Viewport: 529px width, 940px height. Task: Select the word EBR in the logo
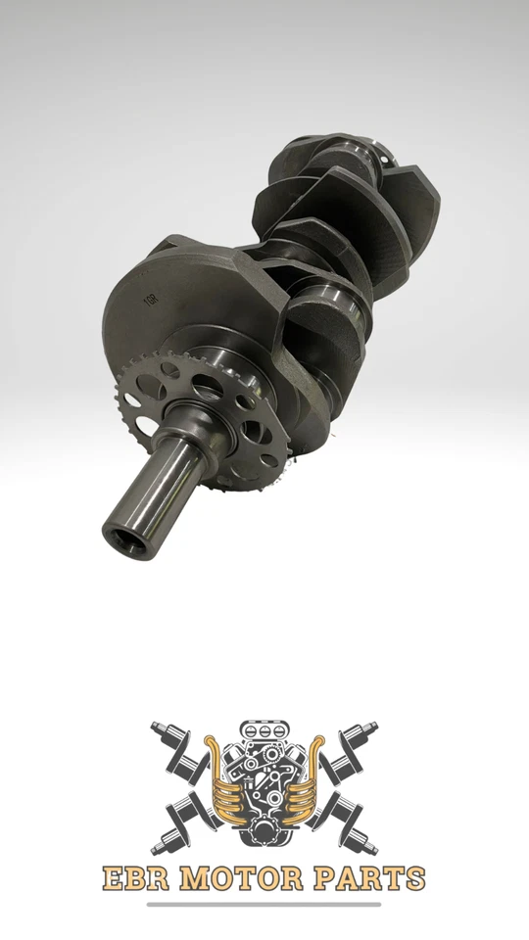[136, 878]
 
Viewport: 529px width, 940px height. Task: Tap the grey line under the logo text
[264, 904]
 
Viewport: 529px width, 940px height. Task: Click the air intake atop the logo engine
[264, 732]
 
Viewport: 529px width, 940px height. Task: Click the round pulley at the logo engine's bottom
[264, 832]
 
